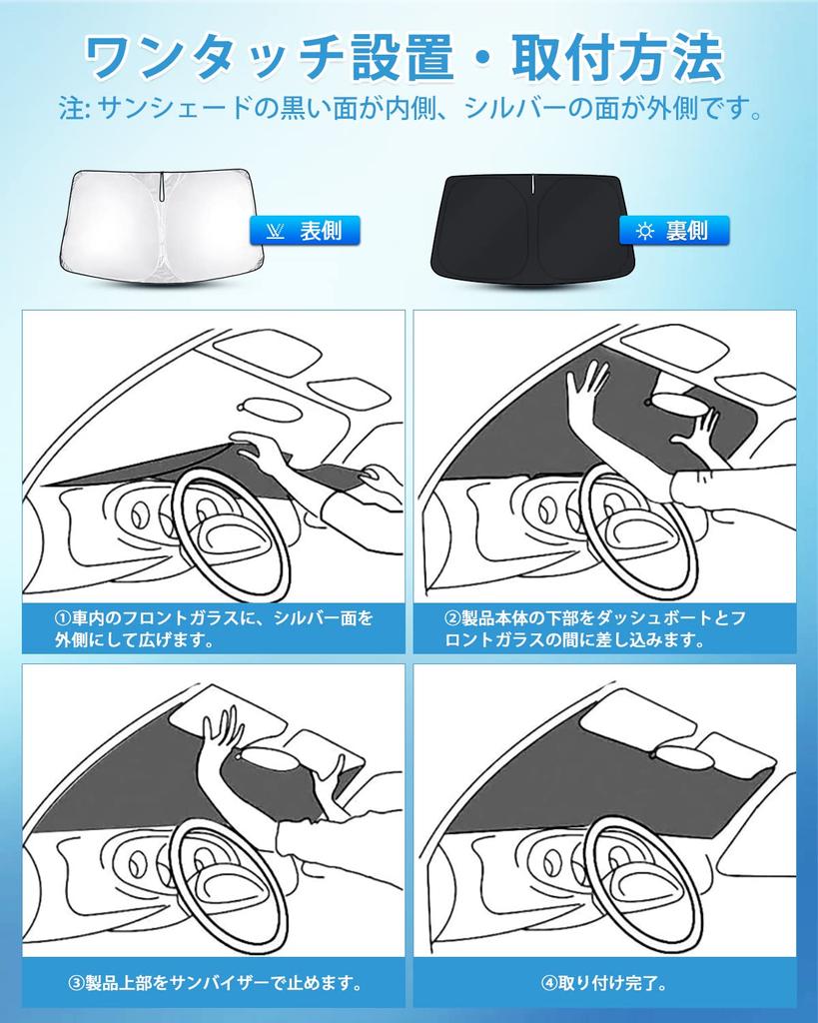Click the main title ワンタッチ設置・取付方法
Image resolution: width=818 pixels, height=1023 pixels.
click(x=405, y=58)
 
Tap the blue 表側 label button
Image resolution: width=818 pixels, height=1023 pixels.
click(x=305, y=231)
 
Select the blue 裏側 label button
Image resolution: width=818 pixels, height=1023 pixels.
click(x=674, y=231)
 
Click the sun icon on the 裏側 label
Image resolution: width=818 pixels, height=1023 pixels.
click(x=645, y=231)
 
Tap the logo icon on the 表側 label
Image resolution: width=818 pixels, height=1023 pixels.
click(x=276, y=231)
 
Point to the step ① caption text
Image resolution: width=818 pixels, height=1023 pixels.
click(x=214, y=628)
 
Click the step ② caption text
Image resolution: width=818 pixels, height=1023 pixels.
click(x=595, y=628)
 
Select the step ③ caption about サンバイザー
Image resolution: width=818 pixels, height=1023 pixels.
click(x=215, y=983)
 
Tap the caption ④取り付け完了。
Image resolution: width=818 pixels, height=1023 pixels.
click(x=604, y=983)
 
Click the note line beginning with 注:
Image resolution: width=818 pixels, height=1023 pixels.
click(x=410, y=108)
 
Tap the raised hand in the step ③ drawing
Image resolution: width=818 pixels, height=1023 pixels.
click(x=222, y=734)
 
